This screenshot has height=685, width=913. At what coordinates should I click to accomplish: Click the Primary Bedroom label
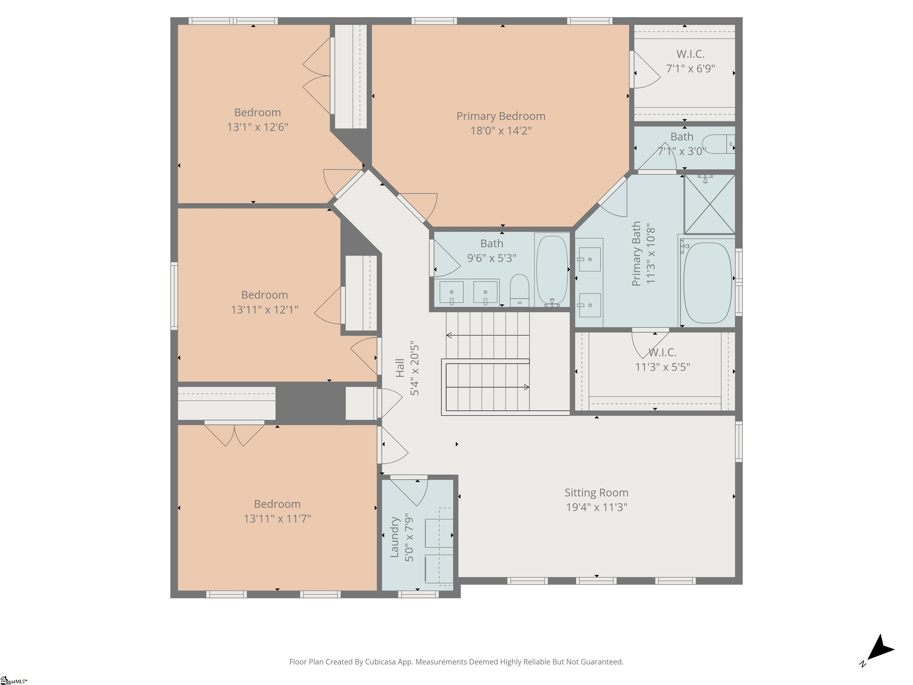click(x=501, y=116)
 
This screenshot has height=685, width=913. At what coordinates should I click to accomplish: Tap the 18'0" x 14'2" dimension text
click(x=501, y=131)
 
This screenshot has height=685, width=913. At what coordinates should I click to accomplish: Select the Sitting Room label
click(x=596, y=493)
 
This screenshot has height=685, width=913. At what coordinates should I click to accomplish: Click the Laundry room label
click(x=395, y=537)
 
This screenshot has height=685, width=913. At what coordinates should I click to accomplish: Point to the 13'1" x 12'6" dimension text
click(x=258, y=127)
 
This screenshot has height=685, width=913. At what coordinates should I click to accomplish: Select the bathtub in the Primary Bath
click(x=707, y=282)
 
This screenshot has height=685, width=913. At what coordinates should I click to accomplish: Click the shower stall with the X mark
click(x=709, y=204)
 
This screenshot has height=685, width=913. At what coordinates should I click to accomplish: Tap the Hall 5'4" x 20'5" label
click(x=407, y=368)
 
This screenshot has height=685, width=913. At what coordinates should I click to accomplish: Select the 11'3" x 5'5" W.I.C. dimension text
click(x=662, y=367)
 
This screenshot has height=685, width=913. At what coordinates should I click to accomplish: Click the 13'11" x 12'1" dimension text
click(x=265, y=309)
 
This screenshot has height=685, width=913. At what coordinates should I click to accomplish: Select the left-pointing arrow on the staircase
click(x=449, y=335)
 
